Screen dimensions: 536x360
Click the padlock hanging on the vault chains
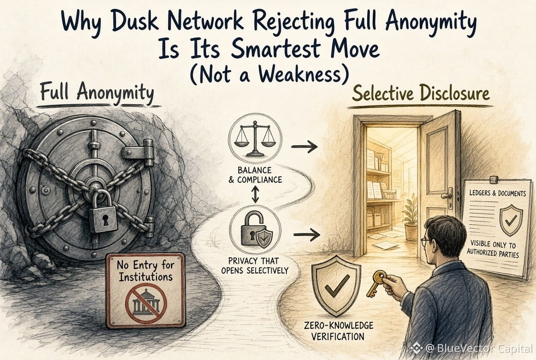[103, 212]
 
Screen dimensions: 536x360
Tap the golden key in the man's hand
[375, 282]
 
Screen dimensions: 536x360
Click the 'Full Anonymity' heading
[97, 92]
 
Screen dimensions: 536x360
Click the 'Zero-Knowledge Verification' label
[338, 331]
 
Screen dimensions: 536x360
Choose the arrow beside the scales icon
[304, 147]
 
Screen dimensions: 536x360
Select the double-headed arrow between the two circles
[255, 194]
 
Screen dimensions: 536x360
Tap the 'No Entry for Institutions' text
[145, 270]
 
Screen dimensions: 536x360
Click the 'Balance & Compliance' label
[255, 175]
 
